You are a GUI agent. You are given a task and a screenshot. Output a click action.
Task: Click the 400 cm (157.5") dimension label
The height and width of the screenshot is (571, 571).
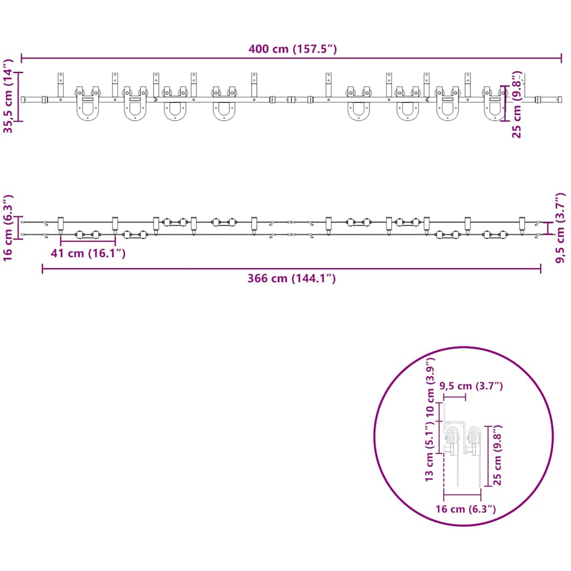(292, 49)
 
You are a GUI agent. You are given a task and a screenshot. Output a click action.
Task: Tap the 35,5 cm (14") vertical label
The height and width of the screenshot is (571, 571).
(8, 96)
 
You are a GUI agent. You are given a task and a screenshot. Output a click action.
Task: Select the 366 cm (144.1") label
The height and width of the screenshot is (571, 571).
(291, 278)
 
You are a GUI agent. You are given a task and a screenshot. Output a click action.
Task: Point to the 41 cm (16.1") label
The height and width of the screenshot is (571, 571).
(88, 253)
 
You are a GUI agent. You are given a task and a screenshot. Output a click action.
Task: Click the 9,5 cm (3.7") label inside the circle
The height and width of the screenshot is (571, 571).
(471, 386)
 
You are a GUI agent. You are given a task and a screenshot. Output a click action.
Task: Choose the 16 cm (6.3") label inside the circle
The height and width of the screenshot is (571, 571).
(466, 509)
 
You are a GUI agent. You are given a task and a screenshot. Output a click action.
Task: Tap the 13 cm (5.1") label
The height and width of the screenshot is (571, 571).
(430, 452)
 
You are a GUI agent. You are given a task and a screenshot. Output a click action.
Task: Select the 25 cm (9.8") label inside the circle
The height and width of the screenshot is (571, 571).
(497, 455)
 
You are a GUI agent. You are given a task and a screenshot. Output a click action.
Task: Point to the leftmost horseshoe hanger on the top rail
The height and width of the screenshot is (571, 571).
(88, 104)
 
